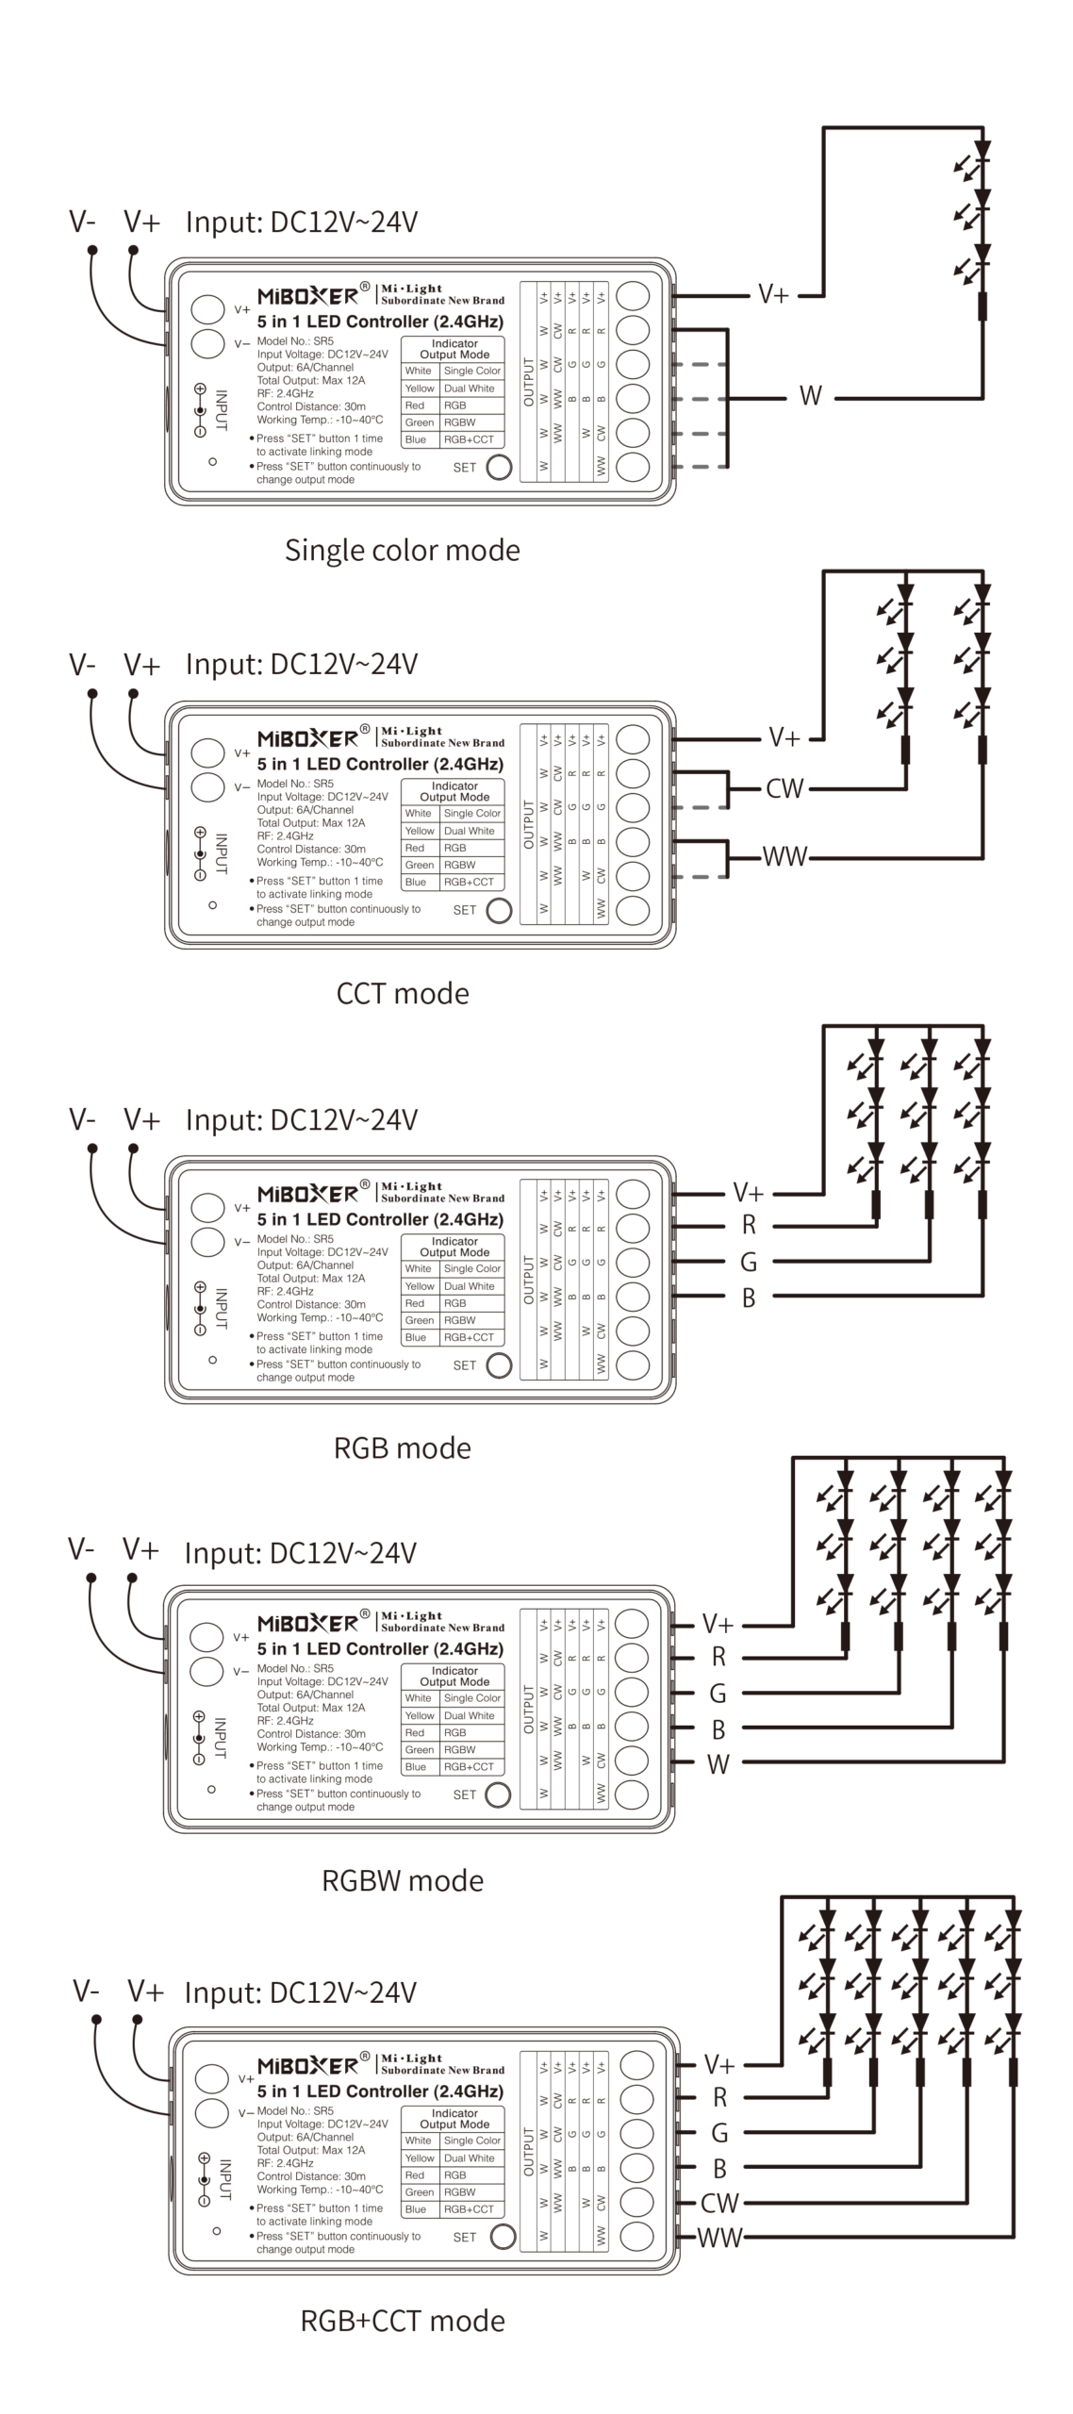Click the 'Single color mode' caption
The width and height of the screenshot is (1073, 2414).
[402, 550]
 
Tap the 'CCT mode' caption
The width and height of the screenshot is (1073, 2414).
[402, 993]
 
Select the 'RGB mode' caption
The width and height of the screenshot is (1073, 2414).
[402, 1447]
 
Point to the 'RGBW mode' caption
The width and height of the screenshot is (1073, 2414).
[402, 1880]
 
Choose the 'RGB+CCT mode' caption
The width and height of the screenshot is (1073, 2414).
[402, 2321]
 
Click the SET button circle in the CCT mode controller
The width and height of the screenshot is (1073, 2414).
[498, 910]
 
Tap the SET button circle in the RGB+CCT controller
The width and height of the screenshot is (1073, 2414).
[503, 2237]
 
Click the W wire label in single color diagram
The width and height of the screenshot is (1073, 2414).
[810, 396]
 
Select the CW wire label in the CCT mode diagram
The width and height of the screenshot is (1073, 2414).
[784, 788]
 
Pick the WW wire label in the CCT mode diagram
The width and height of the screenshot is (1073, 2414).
[784, 856]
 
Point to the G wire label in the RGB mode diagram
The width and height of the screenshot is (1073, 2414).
[749, 1262]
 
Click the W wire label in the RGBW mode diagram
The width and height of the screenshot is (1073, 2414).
[718, 1764]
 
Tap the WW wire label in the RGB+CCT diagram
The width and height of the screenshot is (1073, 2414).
[719, 2238]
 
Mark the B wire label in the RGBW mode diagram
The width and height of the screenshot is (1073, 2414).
[718, 1729]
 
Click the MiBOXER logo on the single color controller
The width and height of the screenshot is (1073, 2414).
[307, 295]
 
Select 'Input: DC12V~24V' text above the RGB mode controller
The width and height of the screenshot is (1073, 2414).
[301, 1119]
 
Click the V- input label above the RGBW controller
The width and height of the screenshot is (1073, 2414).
[81, 1548]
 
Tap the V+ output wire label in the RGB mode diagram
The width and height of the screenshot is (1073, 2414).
[749, 1194]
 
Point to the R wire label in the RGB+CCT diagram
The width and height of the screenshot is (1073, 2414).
[719, 2097]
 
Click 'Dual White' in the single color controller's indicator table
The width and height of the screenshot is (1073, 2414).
[469, 389]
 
